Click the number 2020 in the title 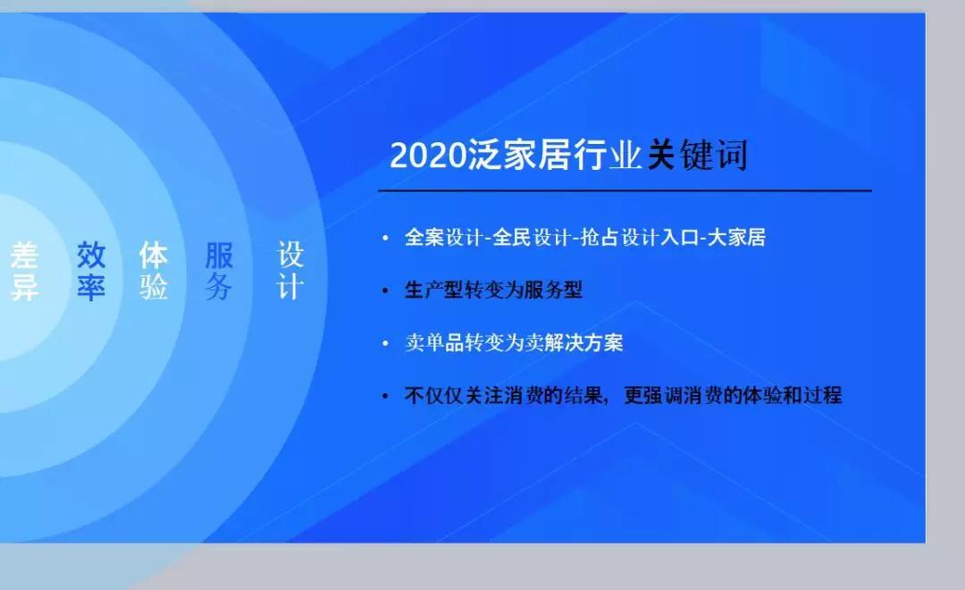(428, 155)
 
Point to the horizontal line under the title (625, 191)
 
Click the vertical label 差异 (25, 271)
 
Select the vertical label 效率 (91, 271)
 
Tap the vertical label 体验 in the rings (154, 271)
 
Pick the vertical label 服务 (219, 271)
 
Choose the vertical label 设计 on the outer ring (290, 271)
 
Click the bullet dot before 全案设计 (385, 238)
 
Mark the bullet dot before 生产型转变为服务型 (385, 290)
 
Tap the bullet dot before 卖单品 (385, 343)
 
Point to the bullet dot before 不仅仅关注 (385, 395)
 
